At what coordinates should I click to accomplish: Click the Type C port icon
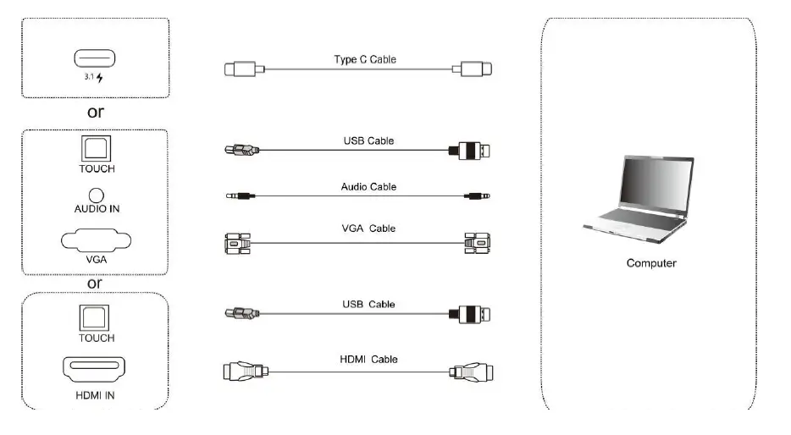point(95,59)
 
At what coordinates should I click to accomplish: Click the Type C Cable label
point(364,60)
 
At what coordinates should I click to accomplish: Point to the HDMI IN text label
point(96,394)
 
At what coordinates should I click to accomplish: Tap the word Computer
point(651,263)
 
